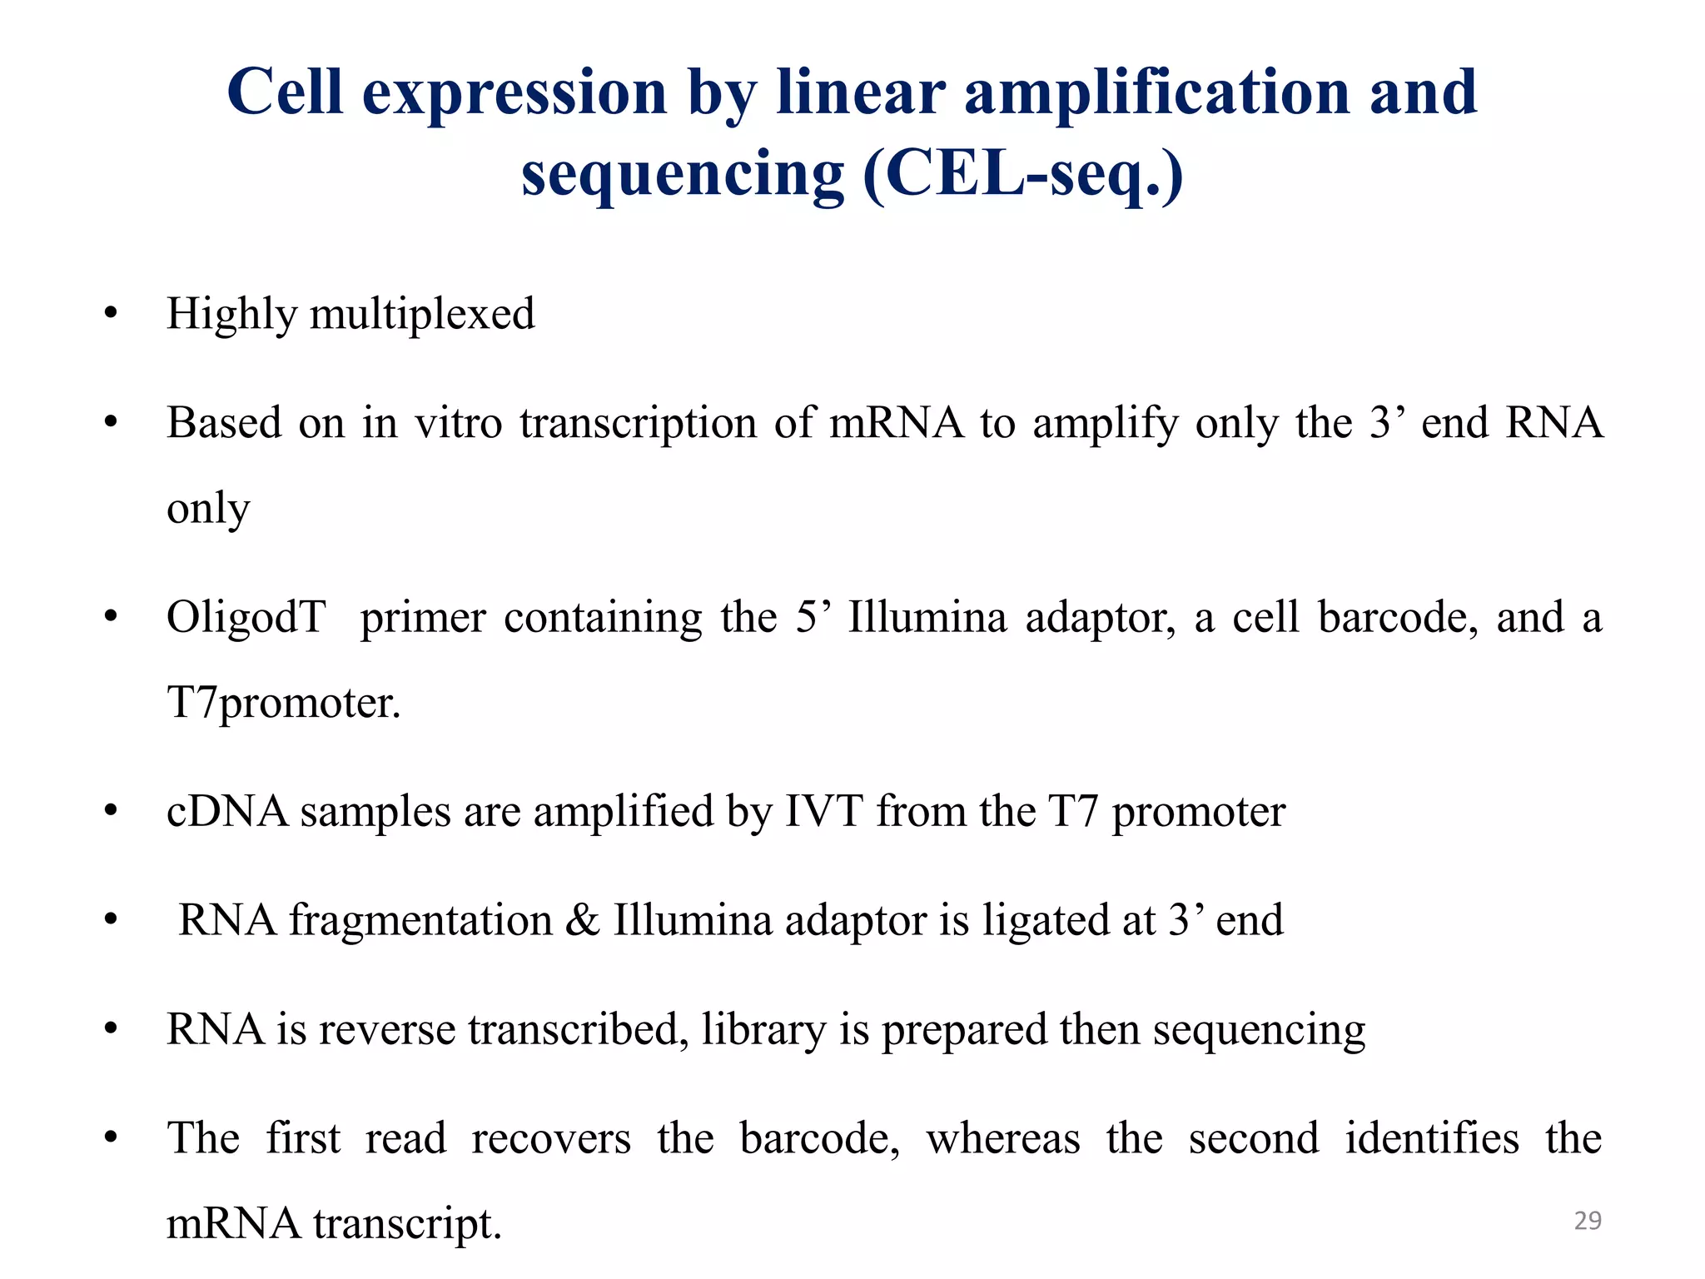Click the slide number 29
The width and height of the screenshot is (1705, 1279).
click(x=1588, y=1221)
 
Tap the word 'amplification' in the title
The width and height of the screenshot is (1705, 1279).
click(x=1157, y=92)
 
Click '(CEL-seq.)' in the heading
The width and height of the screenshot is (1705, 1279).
click(x=1022, y=174)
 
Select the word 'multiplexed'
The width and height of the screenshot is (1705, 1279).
click(x=422, y=316)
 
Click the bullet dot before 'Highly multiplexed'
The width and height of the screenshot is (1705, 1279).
click(x=111, y=315)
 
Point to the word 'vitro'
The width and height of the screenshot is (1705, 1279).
click(x=459, y=423)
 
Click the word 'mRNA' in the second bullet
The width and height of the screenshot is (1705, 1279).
click(x=896, y=423)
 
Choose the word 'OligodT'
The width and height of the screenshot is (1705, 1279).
click(x=246, y=618)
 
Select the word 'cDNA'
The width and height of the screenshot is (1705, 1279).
click(x=227, y=812)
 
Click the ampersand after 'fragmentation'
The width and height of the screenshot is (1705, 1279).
click(x=582, y=921)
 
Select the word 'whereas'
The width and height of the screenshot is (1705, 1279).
click(x=1003, y=1139)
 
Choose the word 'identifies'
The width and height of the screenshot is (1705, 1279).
click(x=1432, y=1139)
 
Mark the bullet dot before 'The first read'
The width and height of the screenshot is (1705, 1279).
click(x=111, y=1138)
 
